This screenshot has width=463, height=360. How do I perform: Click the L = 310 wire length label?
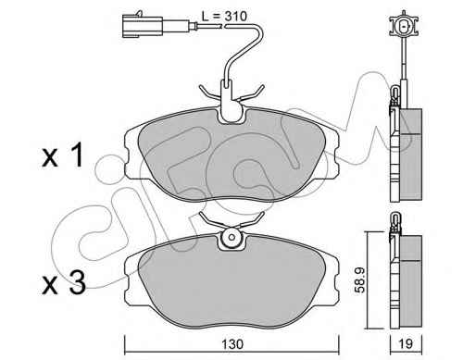(x=224, y=17)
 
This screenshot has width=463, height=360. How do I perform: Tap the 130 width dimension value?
(x=232, y=344)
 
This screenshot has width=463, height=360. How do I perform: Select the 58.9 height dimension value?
(x=359, y=279)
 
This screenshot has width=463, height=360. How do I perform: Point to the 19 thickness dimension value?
(x=406, y=343)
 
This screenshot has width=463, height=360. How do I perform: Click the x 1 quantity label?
(x=63, y=155)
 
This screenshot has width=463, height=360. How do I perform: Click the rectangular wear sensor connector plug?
(x=143, y=26)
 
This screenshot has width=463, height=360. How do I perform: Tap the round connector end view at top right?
(x=404, y=26)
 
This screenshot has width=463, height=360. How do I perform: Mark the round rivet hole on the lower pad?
(x=231, y=238)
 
